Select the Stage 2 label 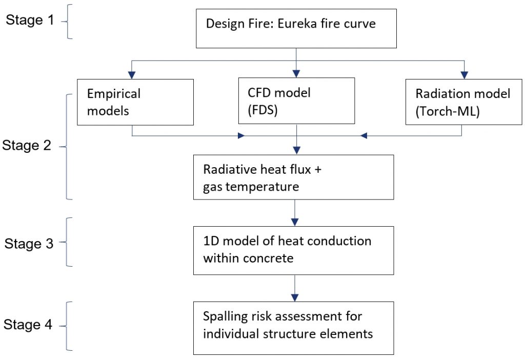click(27, 146)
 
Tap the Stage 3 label click(29, 244)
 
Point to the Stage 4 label click(29, 325)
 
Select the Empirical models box click(135, 102)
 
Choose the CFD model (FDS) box click(296, 101)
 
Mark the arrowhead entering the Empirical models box click(133, 74)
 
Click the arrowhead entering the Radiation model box click(465, 74)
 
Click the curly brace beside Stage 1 click(69, 21)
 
